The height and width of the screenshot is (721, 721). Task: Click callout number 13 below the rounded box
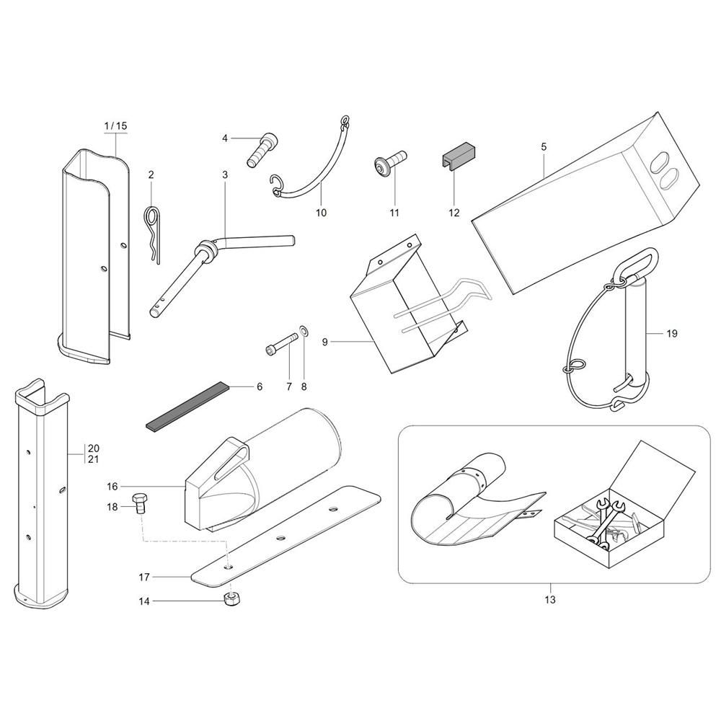tap(550, 600)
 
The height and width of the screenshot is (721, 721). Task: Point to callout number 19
tap(672, 333)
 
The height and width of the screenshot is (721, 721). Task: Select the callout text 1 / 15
tap(115, 125)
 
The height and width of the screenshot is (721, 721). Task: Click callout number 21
tap(93, 459)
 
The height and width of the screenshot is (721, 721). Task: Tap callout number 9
tap(324, 342)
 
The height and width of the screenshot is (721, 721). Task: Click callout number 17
tap(144, 577)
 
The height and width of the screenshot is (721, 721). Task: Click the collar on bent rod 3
tap(205, 252)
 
